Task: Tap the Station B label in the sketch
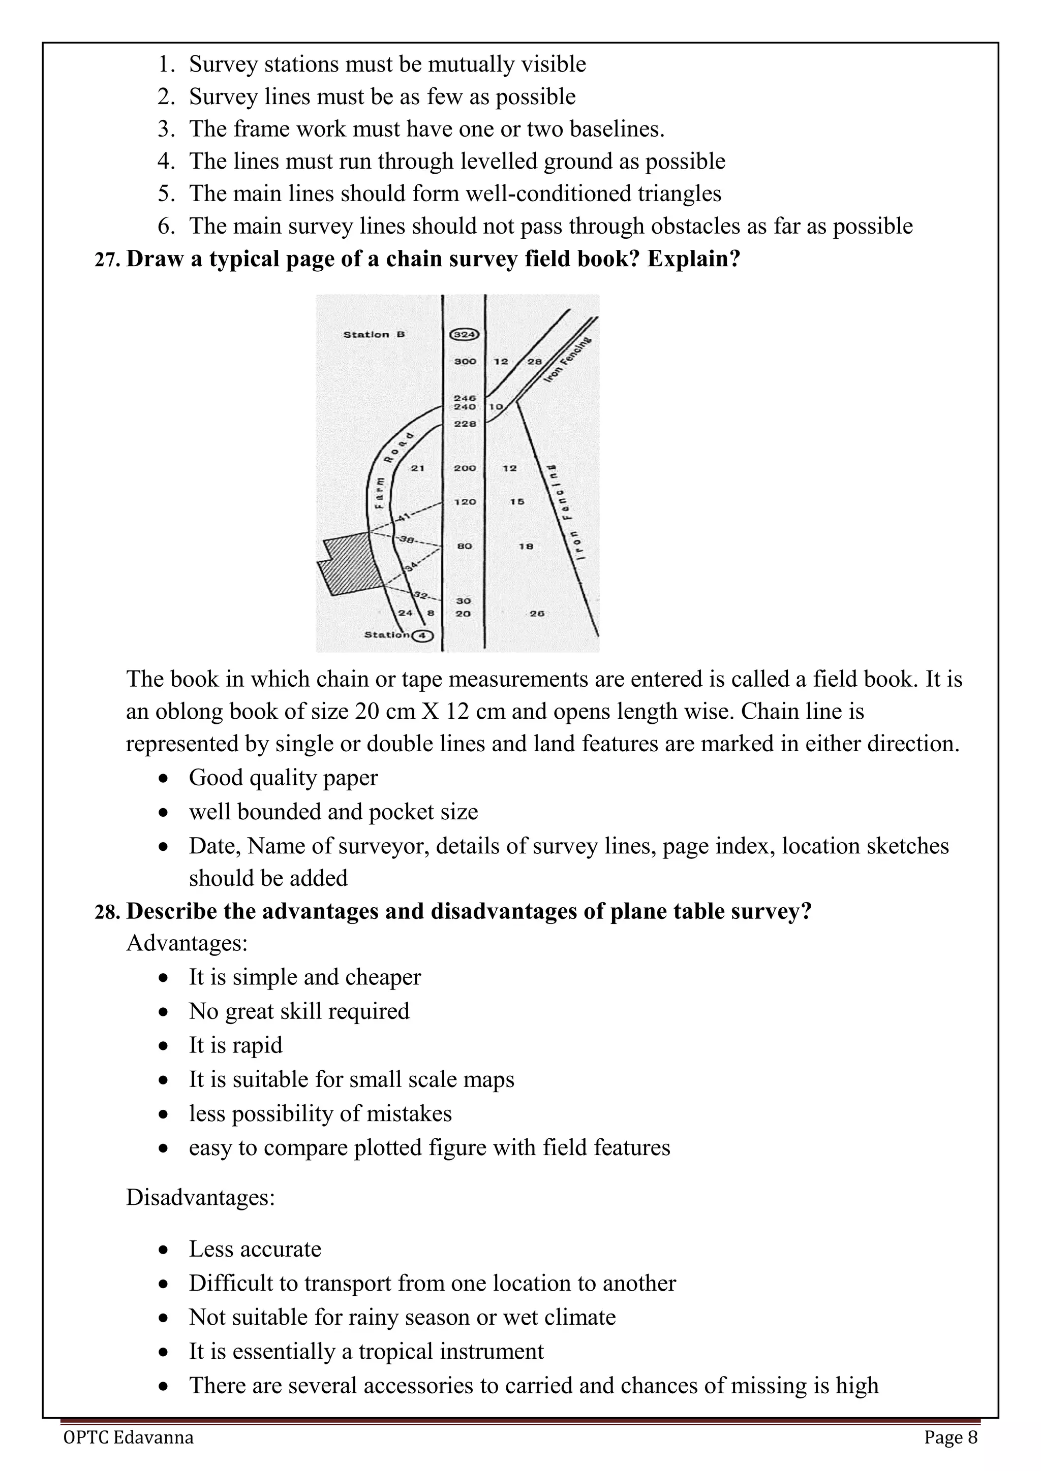tap(374, 334)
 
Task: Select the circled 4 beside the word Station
tap(422, 635)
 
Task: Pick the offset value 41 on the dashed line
tap(403, 518)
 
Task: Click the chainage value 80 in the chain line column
tap(465, 546)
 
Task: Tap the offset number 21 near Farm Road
tap(417, 468)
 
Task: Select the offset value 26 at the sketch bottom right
tap(537, 613)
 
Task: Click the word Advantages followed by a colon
tap(187, 944)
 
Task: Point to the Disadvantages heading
tap(200, 1197)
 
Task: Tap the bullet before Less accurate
tap(164, 1250)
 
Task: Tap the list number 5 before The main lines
tap(165, 194)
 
